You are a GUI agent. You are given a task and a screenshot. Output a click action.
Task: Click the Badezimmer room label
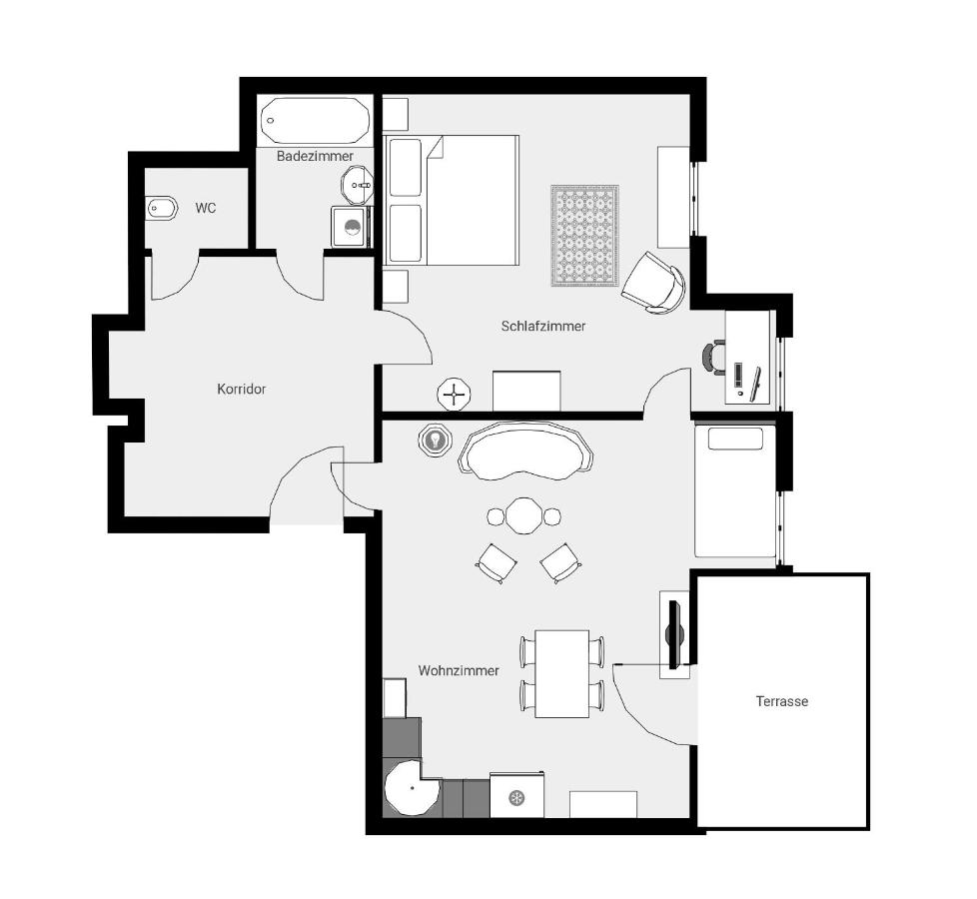tap(315, 156)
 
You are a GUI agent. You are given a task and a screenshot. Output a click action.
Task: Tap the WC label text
tap(205, 208)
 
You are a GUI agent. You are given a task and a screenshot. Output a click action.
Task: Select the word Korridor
tap(241, 389)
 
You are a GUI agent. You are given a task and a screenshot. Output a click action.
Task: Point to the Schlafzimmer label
tap(543, 326)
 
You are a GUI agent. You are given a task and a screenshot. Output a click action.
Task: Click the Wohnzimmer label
tap(459, 670)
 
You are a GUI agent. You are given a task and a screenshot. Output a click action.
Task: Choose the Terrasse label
tap(782, 701)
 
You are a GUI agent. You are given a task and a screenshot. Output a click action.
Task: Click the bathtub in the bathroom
tap(315, 120)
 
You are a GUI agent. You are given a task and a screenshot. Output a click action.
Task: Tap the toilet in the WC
tap(161, 208)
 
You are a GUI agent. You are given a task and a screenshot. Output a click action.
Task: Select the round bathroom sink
tap(357, 185)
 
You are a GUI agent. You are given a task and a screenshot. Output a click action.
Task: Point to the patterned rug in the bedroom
tap(585, 236)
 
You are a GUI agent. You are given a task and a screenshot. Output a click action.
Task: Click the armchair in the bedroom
tap(654, 283)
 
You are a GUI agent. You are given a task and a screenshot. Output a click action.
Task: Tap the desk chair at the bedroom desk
tap(713, 358)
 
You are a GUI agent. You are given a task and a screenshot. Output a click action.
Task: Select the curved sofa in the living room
tap(525, 451)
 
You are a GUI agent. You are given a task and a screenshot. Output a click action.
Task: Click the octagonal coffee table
tap(524, 515)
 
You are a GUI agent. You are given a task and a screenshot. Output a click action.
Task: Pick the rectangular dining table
tap(562, 673)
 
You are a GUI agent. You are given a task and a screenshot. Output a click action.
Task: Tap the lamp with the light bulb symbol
tap(434, 440)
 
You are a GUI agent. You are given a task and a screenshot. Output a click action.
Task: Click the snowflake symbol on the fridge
tap(515, 797)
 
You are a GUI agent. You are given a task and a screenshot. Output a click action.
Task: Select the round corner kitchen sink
tap(411, 788)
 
